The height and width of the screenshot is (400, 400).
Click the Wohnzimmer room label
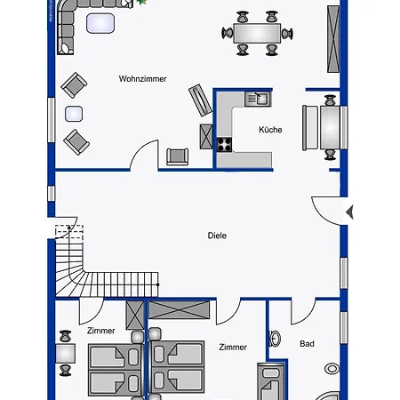(x=142, y=79)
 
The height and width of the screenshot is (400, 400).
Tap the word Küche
(x=270, y=130)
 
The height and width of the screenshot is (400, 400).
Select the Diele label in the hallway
(x=217, y=236)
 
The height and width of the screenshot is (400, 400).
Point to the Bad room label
(x=307, y=344)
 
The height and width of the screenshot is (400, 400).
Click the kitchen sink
(x=258, y=99)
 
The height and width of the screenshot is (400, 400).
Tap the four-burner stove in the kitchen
(x=224, y=145)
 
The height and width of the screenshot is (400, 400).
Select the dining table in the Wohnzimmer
(x=257, y=34)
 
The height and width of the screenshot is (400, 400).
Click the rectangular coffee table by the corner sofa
(x=100, y=23)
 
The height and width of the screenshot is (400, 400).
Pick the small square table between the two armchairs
(x=74, y=114)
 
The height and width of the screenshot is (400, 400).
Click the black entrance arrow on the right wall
(x=350, y=212)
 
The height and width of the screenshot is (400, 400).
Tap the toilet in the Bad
(x=332, y=369)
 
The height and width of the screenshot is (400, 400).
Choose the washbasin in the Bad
(x=276, y=339)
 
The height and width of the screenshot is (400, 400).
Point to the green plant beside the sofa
(x=141, y=2)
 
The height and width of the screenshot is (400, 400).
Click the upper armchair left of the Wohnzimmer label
(x=74, y=85)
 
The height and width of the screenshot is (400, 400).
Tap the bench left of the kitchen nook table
(x=310, y=128)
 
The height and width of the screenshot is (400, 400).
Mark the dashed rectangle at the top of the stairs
(x=69, y=232)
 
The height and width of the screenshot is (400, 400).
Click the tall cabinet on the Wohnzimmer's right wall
(x=333, y=39)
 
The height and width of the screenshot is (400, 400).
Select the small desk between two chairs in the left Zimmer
(x=65, y=353)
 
